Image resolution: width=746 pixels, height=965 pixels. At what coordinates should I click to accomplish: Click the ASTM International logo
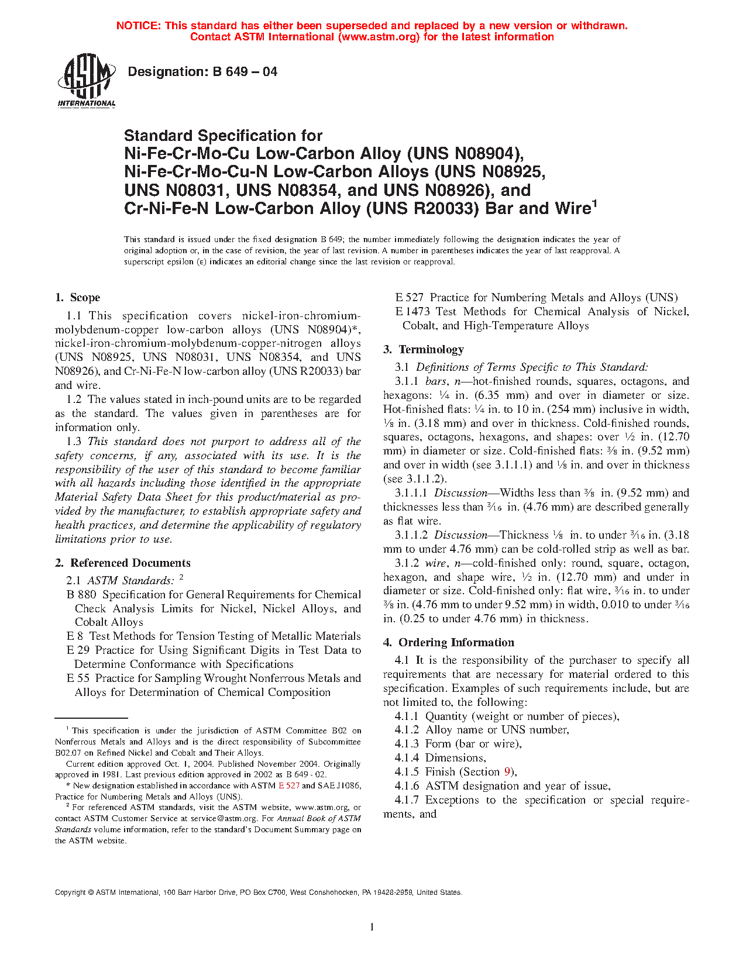pyautogui.click(x=86, y=81)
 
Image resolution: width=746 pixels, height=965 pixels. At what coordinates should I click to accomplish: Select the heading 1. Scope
pyautogui.click(x=77, y=298)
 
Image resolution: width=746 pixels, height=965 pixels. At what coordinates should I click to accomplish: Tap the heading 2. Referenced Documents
pyautogui.click(x=122, y=563)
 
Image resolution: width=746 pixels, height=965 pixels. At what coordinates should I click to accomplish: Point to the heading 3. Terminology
pyautogui.click(x=423, y=350)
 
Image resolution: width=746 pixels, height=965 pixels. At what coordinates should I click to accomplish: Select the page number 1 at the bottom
pyautogui.click(x=372, y=926)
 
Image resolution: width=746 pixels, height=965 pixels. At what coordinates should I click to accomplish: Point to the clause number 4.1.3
pyautogui.click(x=407, y=744)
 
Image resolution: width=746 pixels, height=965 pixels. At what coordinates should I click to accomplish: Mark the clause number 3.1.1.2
pyautogui.click(x=411, y=535)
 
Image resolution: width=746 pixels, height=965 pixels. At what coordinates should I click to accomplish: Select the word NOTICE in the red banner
pyautogui.click(x=138, y=26)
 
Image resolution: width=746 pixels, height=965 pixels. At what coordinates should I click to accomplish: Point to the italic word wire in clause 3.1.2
pyautogui.click(x=435, y=563)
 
